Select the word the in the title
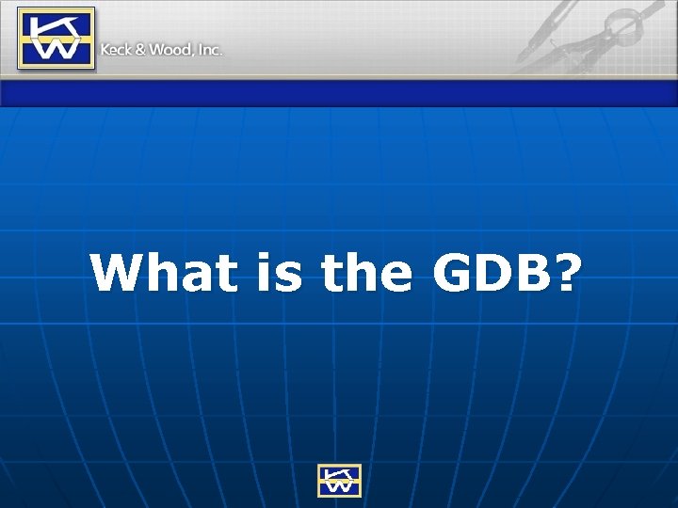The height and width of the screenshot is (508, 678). pyautogui.click(x=366, y=273)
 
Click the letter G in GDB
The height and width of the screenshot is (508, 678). pyautogui.click(x=456, y=273)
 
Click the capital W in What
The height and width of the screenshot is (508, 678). pyautogui.click(x=117, y=273)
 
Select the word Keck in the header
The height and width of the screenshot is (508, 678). pyautogui.click(x=117, y=49)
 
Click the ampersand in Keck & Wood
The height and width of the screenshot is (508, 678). pyautogui.click(x=141, y=49)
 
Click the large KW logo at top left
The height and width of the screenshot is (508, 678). pyautogui.click(x=56, y=38)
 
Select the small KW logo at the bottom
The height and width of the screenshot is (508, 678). pyautogui.click(x=339, y=480)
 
